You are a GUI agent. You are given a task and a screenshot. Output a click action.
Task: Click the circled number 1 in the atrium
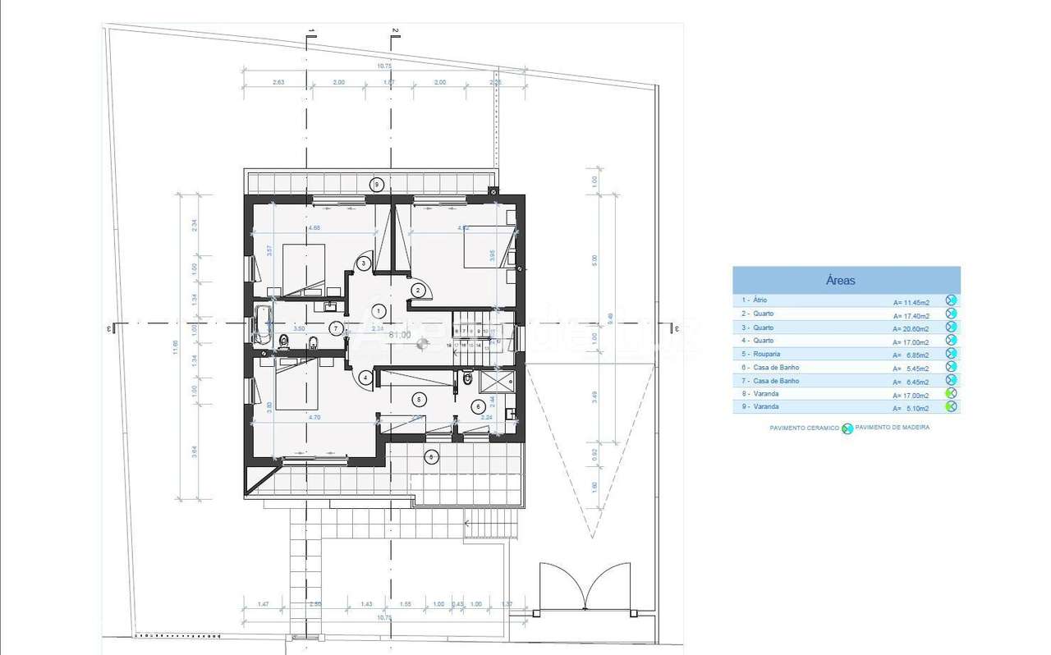(x=379, y=311)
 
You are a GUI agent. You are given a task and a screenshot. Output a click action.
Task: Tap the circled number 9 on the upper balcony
(x=377, y=184)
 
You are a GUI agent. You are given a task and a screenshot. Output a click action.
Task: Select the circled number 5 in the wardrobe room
(x=420, y=400)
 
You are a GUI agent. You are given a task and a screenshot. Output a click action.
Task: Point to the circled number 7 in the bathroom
(x=337, y=329)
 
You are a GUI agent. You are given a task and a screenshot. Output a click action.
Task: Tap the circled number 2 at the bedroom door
(x=419, y=290)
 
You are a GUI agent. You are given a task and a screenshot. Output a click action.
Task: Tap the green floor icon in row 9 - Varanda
(x=951, y=407)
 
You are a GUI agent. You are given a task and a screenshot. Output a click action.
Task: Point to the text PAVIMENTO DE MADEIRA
(x=892, y=428)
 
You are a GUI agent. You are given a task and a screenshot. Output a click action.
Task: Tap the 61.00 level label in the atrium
(x=400, y=335)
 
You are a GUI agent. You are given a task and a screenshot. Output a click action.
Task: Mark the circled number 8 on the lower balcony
(x=431, y=457)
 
